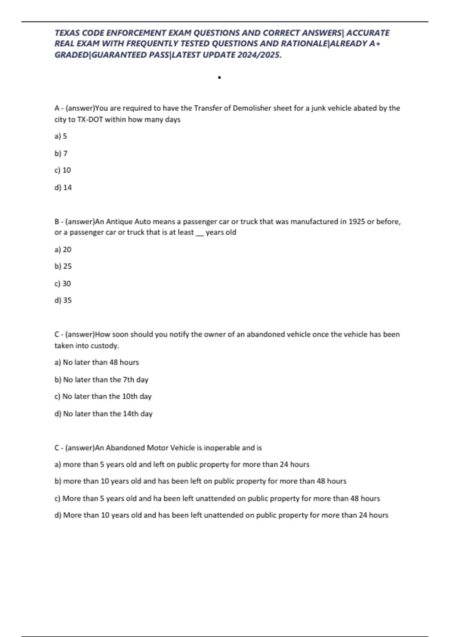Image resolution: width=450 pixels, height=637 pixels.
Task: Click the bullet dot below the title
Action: click(219, 78)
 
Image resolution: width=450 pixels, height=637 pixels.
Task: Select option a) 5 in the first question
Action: click(61, 136)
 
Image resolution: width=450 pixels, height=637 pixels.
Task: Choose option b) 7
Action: click(61, 153)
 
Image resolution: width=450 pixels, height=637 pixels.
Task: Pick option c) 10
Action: click(63, 170)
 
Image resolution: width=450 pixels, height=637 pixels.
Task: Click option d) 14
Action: click(63, 187)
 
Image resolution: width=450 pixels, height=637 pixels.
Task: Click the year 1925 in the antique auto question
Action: click(357, 221)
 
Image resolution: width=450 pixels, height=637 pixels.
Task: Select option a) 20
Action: click(63, 250)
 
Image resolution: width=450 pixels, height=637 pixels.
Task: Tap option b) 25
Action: click(63, 266)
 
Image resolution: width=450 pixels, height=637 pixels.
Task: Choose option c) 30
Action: click(63, 284)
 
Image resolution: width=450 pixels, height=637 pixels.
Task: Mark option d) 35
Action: click(63, 300)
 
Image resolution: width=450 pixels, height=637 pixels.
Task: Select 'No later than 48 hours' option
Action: click(97, 362)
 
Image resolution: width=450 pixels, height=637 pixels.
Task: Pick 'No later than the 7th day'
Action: click(102, 380)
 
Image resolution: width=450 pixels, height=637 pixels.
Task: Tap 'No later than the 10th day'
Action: click(103, 396)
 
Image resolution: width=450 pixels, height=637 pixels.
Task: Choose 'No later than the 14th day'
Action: click(103, 414)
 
